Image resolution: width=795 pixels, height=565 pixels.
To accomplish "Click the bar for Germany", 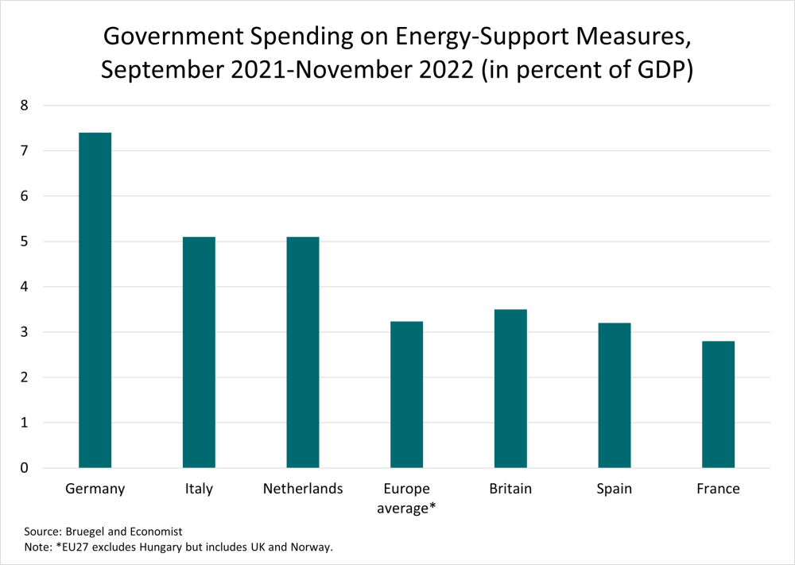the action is [95, 300].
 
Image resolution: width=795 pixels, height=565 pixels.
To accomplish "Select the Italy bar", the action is [199, 352].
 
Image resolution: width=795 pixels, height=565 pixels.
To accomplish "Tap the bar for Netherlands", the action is [303, 352].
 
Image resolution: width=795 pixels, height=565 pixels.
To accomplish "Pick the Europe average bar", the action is [406, 394].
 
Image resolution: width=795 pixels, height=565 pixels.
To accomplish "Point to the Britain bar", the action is [510, 389].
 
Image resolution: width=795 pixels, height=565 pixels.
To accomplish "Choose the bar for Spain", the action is [615, 395].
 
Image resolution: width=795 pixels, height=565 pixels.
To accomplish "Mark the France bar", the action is [718, 404].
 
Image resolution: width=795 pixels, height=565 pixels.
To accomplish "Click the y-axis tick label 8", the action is [25, 106].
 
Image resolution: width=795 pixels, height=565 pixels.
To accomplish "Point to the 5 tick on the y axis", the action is [25, 242].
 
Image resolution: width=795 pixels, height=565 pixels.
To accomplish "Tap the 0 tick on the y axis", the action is [25, 468].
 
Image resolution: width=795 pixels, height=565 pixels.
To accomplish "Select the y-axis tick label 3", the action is [25, 332].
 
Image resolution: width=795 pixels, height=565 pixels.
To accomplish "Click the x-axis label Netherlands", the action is [303, 489].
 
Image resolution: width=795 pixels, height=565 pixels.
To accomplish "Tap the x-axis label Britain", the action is [510, 489].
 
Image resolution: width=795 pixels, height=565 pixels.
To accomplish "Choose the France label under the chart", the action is [718, 489].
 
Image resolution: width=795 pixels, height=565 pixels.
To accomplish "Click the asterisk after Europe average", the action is [432, 505].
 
